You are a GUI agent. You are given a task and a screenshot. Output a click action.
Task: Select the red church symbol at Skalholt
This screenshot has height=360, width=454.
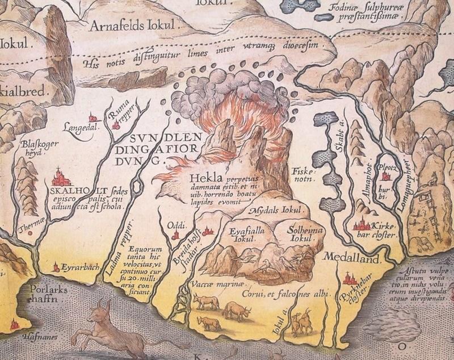click(x=60, y=178)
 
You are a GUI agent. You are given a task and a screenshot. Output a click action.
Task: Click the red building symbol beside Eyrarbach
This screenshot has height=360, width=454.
click(x=56, y=266)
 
